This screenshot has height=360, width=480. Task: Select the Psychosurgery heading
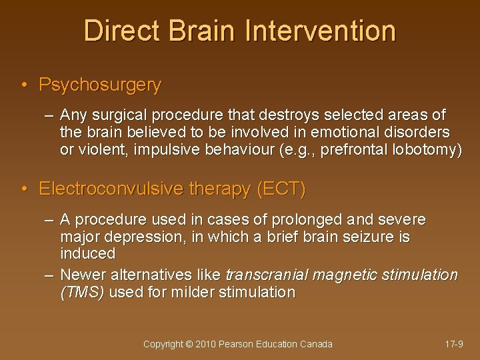click(x=100, y=85)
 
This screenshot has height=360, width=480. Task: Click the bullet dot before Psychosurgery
click(x=24, y=85)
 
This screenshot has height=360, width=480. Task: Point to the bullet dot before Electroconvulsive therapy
click(x=24, y=190)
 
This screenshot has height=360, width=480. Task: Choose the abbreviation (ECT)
click(x=281, y=190)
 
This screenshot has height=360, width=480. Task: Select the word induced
click(x=87, y=253)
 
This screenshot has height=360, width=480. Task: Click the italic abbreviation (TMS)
click(x=82, y=292)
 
